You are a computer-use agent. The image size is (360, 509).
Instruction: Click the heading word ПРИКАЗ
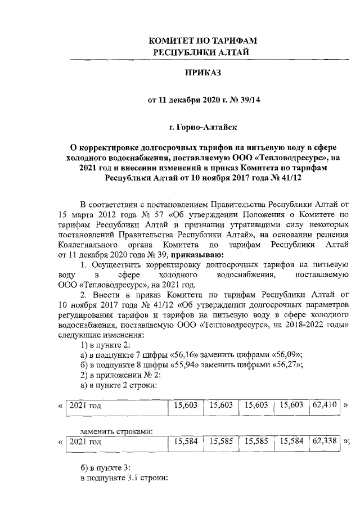201,73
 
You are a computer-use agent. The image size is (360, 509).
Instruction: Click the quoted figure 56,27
284,364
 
